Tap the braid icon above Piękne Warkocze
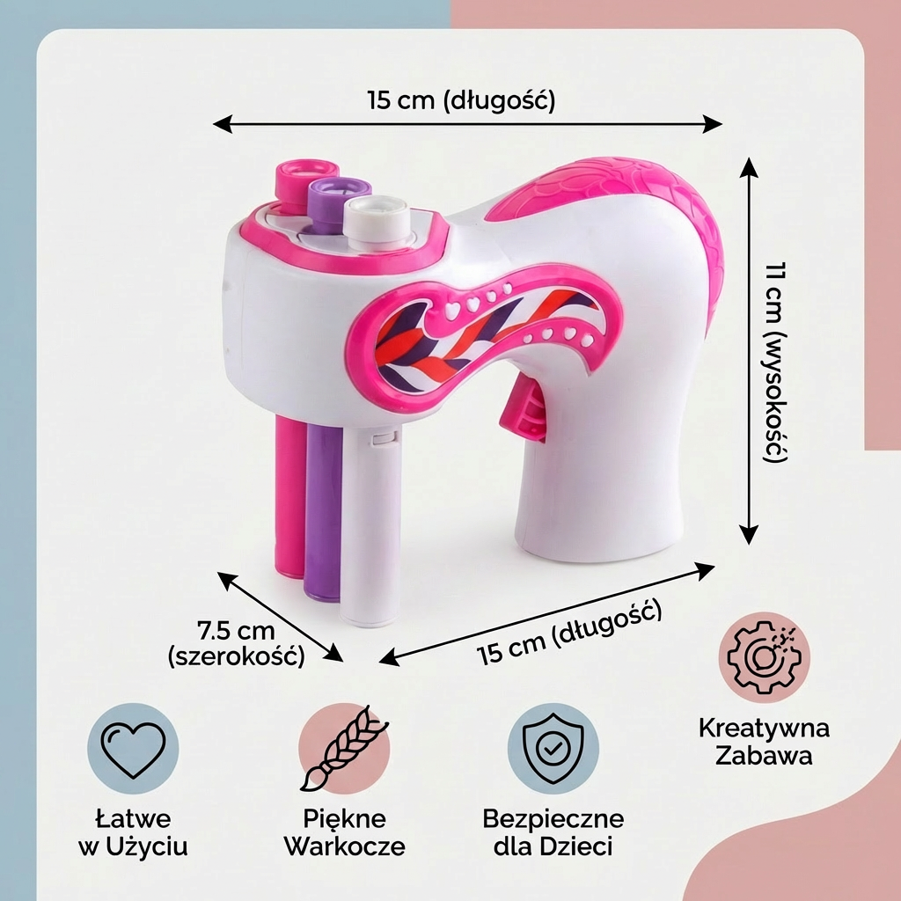coord(344,748)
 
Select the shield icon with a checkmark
coord(553,748)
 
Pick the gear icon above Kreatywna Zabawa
coord(764,657)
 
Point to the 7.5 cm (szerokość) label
coord(236,643)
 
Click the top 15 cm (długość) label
coord(461,100)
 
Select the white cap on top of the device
coord(377,220)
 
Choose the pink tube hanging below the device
coord(289,495)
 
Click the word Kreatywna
coord(764,728)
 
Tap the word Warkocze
coord(344,846)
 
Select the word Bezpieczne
coord(553,819)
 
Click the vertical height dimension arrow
coord(748,350)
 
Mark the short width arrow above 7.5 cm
coord(280,617)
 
